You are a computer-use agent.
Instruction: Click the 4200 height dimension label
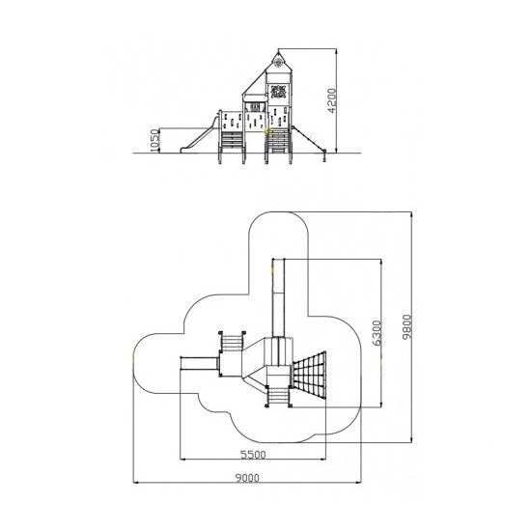click(332, 100)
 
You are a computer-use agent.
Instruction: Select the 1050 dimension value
click(154, 140)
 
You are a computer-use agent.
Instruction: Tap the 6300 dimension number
click(377, 333)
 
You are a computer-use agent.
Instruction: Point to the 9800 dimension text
click(406, 326)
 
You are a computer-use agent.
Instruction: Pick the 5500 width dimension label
click(253, 455)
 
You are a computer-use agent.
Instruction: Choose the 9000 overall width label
click(247, 478)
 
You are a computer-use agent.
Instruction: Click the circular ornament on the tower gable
click(278, 63)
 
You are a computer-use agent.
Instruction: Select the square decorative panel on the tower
click(278, 91)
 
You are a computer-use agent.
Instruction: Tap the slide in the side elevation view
click(199, 135)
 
